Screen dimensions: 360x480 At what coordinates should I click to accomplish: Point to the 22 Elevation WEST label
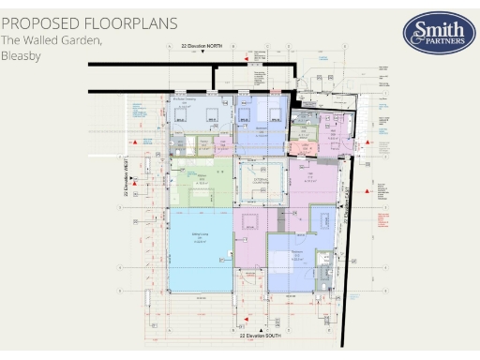[125, 174]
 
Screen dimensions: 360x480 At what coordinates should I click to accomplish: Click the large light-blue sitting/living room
[200, 250]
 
